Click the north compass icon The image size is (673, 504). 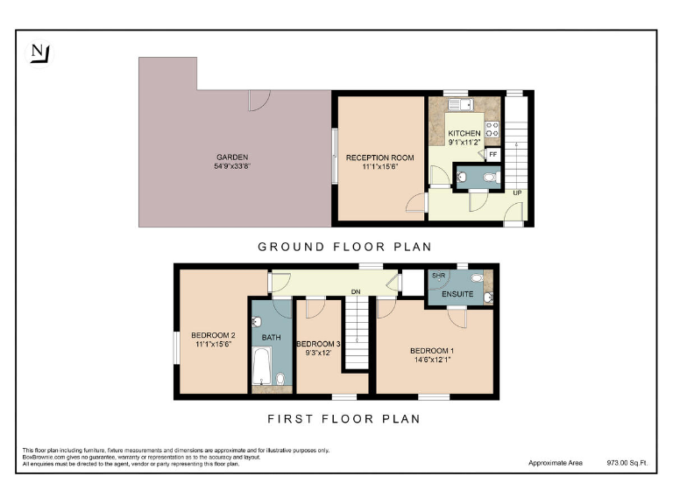[x=39, y=53]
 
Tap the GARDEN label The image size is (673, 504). [x=231, y=157]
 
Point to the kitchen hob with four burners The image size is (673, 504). [x=492, y=130]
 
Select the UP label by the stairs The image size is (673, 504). [x=518, y=192]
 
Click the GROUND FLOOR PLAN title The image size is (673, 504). [x=344, y=247]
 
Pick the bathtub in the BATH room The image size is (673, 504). [x=261, y=367]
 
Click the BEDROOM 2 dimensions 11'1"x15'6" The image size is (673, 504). [x=214, y=345]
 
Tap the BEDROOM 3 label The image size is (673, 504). [x=315, y=344]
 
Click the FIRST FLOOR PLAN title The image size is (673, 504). [x=344, y=419]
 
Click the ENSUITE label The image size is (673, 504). [x=457, y=294]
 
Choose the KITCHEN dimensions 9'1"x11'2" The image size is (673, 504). [x=464, y=142]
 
